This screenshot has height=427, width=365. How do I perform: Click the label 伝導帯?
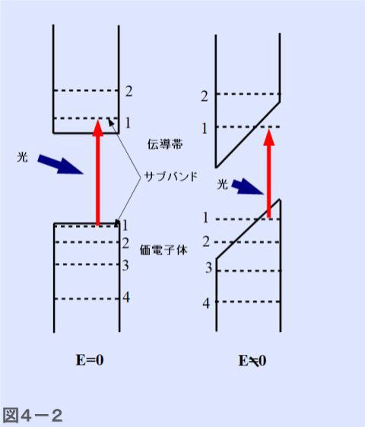point(165,144)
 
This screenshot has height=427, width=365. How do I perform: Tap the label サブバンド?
point(170,176)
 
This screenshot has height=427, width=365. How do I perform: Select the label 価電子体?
point(163,250)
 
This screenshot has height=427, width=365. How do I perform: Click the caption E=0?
point(90,360)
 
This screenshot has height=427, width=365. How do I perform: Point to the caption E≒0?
point(252,361)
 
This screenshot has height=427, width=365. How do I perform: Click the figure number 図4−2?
point(32,415)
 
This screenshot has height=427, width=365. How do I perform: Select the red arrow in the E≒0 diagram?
point(269,174)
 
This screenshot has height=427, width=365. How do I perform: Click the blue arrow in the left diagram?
point(60,164)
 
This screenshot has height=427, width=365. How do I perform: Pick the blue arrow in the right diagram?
point(247,187)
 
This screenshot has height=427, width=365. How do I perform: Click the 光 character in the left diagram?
point(22,157)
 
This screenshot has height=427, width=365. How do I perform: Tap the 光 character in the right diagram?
point(222,185)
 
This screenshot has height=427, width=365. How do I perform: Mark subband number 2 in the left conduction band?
point(129,91)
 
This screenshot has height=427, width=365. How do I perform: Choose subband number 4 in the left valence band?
point(126,297)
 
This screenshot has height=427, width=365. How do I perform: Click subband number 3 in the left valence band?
point(125,265)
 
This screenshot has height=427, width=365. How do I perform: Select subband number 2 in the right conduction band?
point(204,96)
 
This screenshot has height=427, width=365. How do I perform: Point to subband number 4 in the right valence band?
point(206,303)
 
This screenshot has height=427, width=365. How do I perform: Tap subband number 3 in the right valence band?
point(208,267)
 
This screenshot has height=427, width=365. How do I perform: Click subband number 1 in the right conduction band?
point(205,128)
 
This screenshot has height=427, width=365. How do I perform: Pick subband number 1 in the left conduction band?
point(128,123)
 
